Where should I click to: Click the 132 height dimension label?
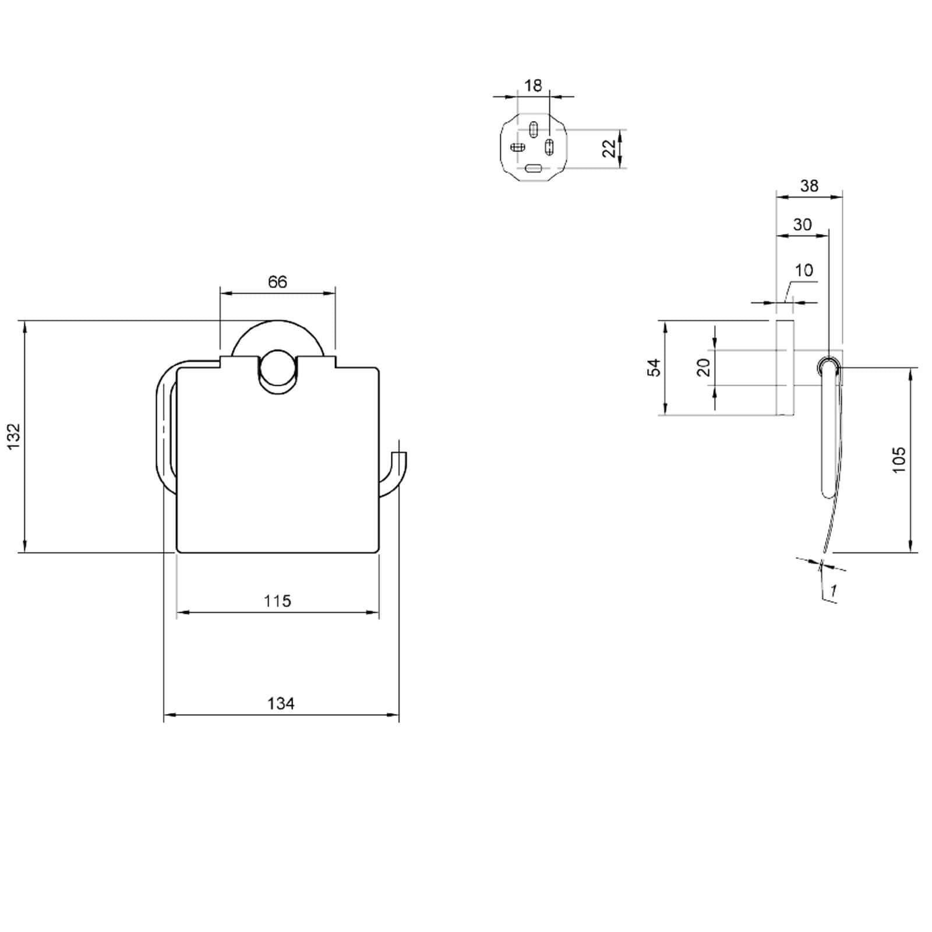click(x=14, y=436)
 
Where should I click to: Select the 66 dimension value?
click(x=277, y=282)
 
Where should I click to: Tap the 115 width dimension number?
click(x=277, y=601)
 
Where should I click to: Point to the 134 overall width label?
click(x=281, y=704)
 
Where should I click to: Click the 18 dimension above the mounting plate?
click(x=533, y=86)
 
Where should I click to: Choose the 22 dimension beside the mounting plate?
click(x=609, y=149)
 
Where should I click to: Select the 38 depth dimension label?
click(x=809, y=186)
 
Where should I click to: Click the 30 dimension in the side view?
click(x=802, y=225)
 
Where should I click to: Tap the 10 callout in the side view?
click(x=803, y=270)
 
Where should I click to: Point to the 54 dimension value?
click(x=655, y=368)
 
